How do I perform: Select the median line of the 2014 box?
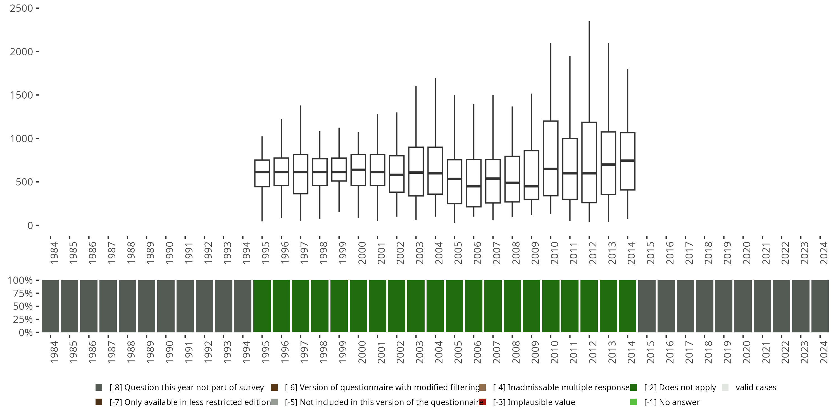tap(628, 161)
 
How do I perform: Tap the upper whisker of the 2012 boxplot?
tap(589, 72)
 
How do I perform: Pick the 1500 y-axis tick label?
tap(22, 95)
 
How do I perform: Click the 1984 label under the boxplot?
tap(54, 253)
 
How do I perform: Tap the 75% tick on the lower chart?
tap(23, 293)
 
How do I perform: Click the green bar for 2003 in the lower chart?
tap(416, 306)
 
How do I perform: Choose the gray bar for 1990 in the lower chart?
tap(166, 306)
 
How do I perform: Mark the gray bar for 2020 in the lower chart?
tap(743, 306)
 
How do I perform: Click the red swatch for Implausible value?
tap(482, 402)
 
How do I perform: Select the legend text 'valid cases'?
tap(756, 387)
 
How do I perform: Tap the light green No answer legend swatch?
tap(633, 402)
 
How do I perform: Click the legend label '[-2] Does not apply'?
tap(680, 387)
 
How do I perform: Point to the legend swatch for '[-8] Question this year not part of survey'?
tap(99, 387)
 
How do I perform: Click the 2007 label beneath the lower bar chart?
tap(496, 352)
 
